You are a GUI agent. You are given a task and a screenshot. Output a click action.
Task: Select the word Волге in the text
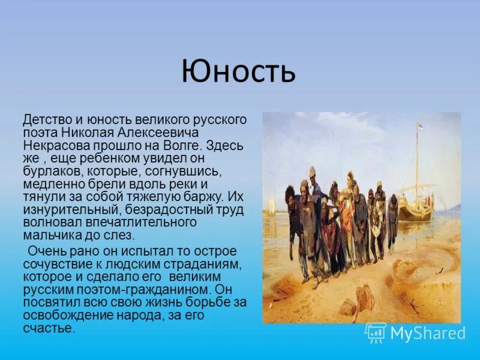coord(185,145)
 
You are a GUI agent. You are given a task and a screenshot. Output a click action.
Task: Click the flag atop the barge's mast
coord(420,128)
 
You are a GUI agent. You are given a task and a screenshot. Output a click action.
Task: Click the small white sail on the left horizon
coord(269,204)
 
